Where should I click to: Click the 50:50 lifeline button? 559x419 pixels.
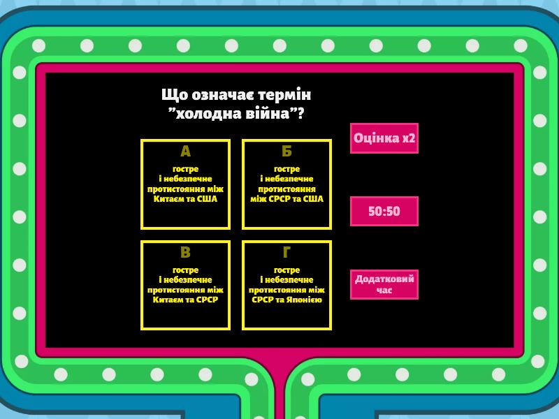tap(384, 211)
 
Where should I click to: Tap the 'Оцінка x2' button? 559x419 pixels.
tap(384, 138)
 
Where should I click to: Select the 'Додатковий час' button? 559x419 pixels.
tap(384, 284)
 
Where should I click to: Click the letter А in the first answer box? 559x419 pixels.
tap(185, 152)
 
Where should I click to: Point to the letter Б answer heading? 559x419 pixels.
tap(286, 152)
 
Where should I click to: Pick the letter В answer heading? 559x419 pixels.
tap(185, 252)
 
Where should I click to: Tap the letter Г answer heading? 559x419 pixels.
tap(286, 252)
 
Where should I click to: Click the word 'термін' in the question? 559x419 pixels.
tap(284, 95)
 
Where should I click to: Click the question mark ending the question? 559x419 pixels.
tap(301, 114)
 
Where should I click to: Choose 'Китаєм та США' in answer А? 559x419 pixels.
tap(185, 199)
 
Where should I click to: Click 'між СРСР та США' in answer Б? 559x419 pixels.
tap(286, 199)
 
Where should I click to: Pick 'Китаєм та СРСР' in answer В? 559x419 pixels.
tap(185, 300)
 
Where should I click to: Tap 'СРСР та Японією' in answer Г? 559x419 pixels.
tap(286, 300)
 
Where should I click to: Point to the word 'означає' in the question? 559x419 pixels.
tap(223, 95)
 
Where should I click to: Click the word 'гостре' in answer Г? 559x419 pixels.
tap(286, 270)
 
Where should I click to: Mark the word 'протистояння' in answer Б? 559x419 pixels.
tap(286, 189)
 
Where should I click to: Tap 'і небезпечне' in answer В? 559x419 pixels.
tap(185, 280)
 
